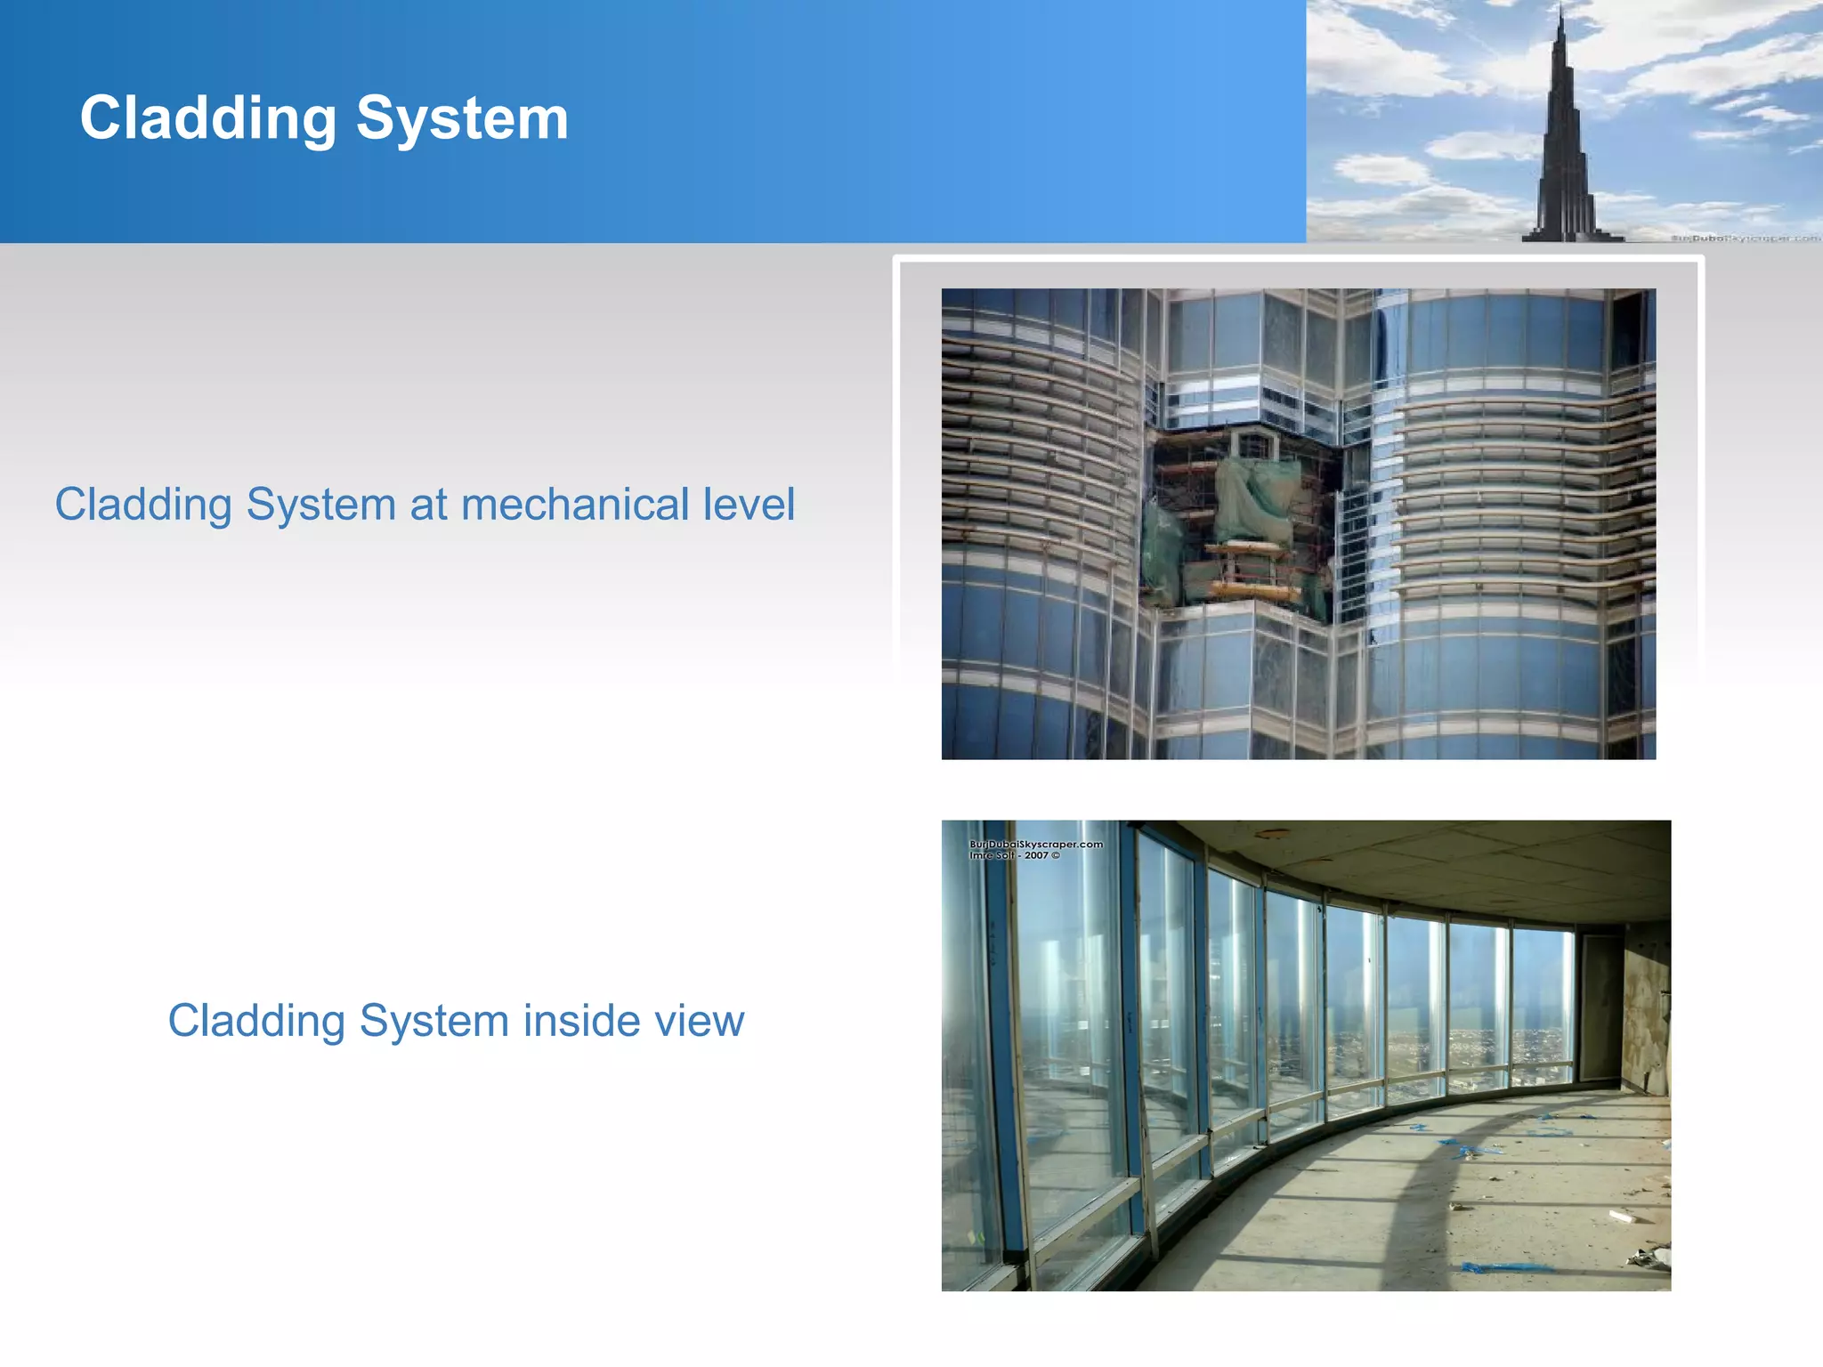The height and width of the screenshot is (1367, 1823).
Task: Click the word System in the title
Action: coord(462,118)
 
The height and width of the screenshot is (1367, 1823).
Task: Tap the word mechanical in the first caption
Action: coord(575,505)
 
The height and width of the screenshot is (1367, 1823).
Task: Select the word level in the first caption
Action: coord(749,505)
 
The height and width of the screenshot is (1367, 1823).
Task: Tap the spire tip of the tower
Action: coord(1560,9)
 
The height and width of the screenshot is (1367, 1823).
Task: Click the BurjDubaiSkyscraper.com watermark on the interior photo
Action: coord(1035,844)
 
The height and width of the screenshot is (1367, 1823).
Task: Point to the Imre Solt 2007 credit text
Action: coord(1014,855)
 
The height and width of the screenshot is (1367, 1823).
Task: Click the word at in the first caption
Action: coord(428,505)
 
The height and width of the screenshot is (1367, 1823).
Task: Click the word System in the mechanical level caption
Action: coord(320,505)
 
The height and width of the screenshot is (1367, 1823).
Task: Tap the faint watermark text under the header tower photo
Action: coord(1745,238)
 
